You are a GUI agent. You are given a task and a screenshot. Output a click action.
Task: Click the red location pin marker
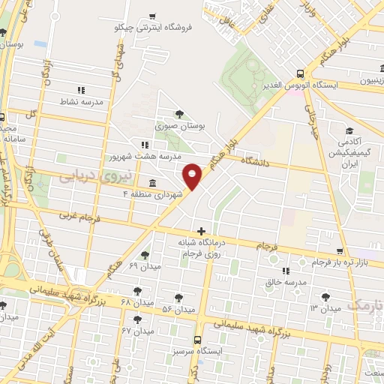click(x=193, y=176)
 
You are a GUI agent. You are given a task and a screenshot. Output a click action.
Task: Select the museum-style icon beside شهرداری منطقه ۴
click(x=153, y=184)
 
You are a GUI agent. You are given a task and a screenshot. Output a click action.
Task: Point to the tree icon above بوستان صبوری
click(x=178, y=114)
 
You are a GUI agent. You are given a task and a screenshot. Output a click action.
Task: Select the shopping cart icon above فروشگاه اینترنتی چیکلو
click(x=153, y=16)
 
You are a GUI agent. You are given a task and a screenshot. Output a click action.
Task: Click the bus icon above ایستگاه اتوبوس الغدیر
click(x=301, y=73)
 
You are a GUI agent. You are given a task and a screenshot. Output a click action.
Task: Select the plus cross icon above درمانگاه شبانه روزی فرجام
click(x=200, y=231)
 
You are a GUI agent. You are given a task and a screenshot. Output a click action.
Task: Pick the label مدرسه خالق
click(x=283, y=282)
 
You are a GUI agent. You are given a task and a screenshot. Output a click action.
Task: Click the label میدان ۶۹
click(x=145, y=267)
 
